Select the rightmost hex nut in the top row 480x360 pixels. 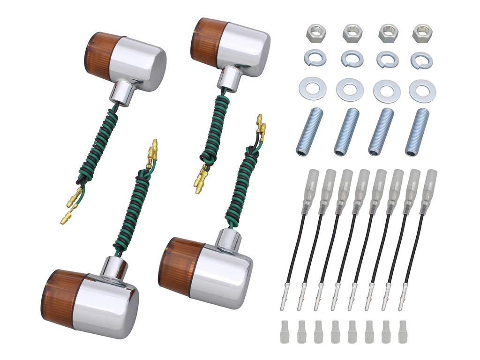pos(422,33)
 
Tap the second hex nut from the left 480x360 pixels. pos(352,33)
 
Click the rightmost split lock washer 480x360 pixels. pos(421,60)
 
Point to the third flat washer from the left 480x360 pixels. pos(387,90)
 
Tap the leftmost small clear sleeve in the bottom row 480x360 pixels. pos(285,331)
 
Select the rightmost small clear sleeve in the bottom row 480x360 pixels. pos(402,331)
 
